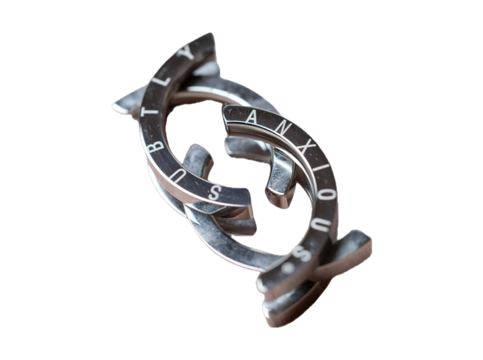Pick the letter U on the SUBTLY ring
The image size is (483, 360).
point(155,161)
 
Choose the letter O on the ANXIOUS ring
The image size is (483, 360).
point(325,193)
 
